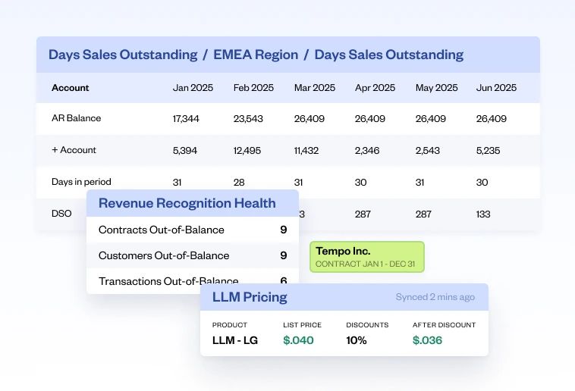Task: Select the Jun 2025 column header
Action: click(x=496, y=88)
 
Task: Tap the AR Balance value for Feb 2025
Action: click(x=248, y=119)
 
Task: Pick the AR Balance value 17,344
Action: click(x=186, y=119)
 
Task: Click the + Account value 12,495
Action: click(x=248, y=151)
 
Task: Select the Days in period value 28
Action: click(x=239, y=182)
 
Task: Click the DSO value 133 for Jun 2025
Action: click(x=484, y=214)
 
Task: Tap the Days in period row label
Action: click(x=81, y=182)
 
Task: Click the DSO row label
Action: click(x=61, y=214)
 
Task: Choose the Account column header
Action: click(x=71, y=88)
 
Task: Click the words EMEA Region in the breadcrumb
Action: click(x=256, y=55)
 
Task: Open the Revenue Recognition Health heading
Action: click(x=187, y=203)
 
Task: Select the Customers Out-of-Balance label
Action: click(x=164, y=256)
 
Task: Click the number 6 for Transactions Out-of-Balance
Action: click(x=283, y=281)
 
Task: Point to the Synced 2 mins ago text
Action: click(x=435, y=297)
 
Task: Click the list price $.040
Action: click(x=298, y=340)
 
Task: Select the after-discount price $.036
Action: click(x=427, y=340)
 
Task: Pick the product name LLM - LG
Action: click(x=235, y=340)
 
